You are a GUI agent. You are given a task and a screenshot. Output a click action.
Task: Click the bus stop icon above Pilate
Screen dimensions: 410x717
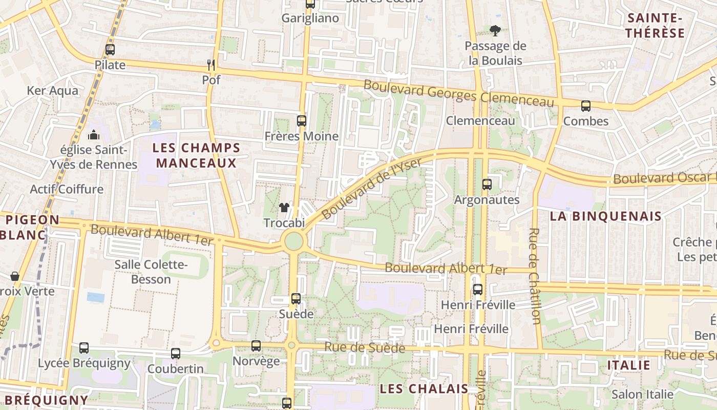click(110, 50)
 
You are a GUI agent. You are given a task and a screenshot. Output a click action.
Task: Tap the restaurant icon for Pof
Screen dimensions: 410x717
click(210, 65)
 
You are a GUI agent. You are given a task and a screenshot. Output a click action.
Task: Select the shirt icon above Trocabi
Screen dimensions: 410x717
click(284, 208)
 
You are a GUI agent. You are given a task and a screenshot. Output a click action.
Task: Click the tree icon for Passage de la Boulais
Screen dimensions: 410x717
click(495, 31)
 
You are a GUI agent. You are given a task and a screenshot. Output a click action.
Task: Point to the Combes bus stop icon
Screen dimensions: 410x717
click(585, 106)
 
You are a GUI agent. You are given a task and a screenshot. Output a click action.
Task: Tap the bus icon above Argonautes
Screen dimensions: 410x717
click(487, 184)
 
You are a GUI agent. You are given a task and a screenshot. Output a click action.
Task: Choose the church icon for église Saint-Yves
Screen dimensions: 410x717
click(94, 135)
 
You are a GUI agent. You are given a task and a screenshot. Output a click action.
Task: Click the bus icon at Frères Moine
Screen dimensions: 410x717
click(302, 121)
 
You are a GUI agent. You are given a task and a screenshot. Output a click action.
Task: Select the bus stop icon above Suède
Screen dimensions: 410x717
click(296, 298)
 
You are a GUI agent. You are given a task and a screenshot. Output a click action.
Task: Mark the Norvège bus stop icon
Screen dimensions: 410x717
click(256, 346)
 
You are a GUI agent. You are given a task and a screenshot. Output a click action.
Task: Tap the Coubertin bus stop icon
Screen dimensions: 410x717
click(176, 353)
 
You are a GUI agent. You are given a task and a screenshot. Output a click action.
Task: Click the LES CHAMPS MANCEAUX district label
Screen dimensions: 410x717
click(197, 156)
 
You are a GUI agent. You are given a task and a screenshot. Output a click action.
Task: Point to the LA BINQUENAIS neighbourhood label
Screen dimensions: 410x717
click(606, 216)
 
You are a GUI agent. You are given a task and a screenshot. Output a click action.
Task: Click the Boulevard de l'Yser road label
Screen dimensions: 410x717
click(372, 187)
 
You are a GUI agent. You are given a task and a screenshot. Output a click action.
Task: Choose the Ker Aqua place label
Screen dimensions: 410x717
click(53, 91)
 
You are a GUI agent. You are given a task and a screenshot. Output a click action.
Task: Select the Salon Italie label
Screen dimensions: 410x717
click(642, 394)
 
